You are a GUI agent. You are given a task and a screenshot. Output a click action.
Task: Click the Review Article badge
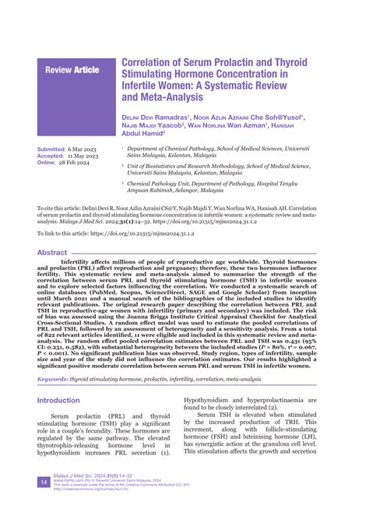click(x=72, y=71)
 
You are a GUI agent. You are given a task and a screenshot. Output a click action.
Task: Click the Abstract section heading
click(x=52, y=253)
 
